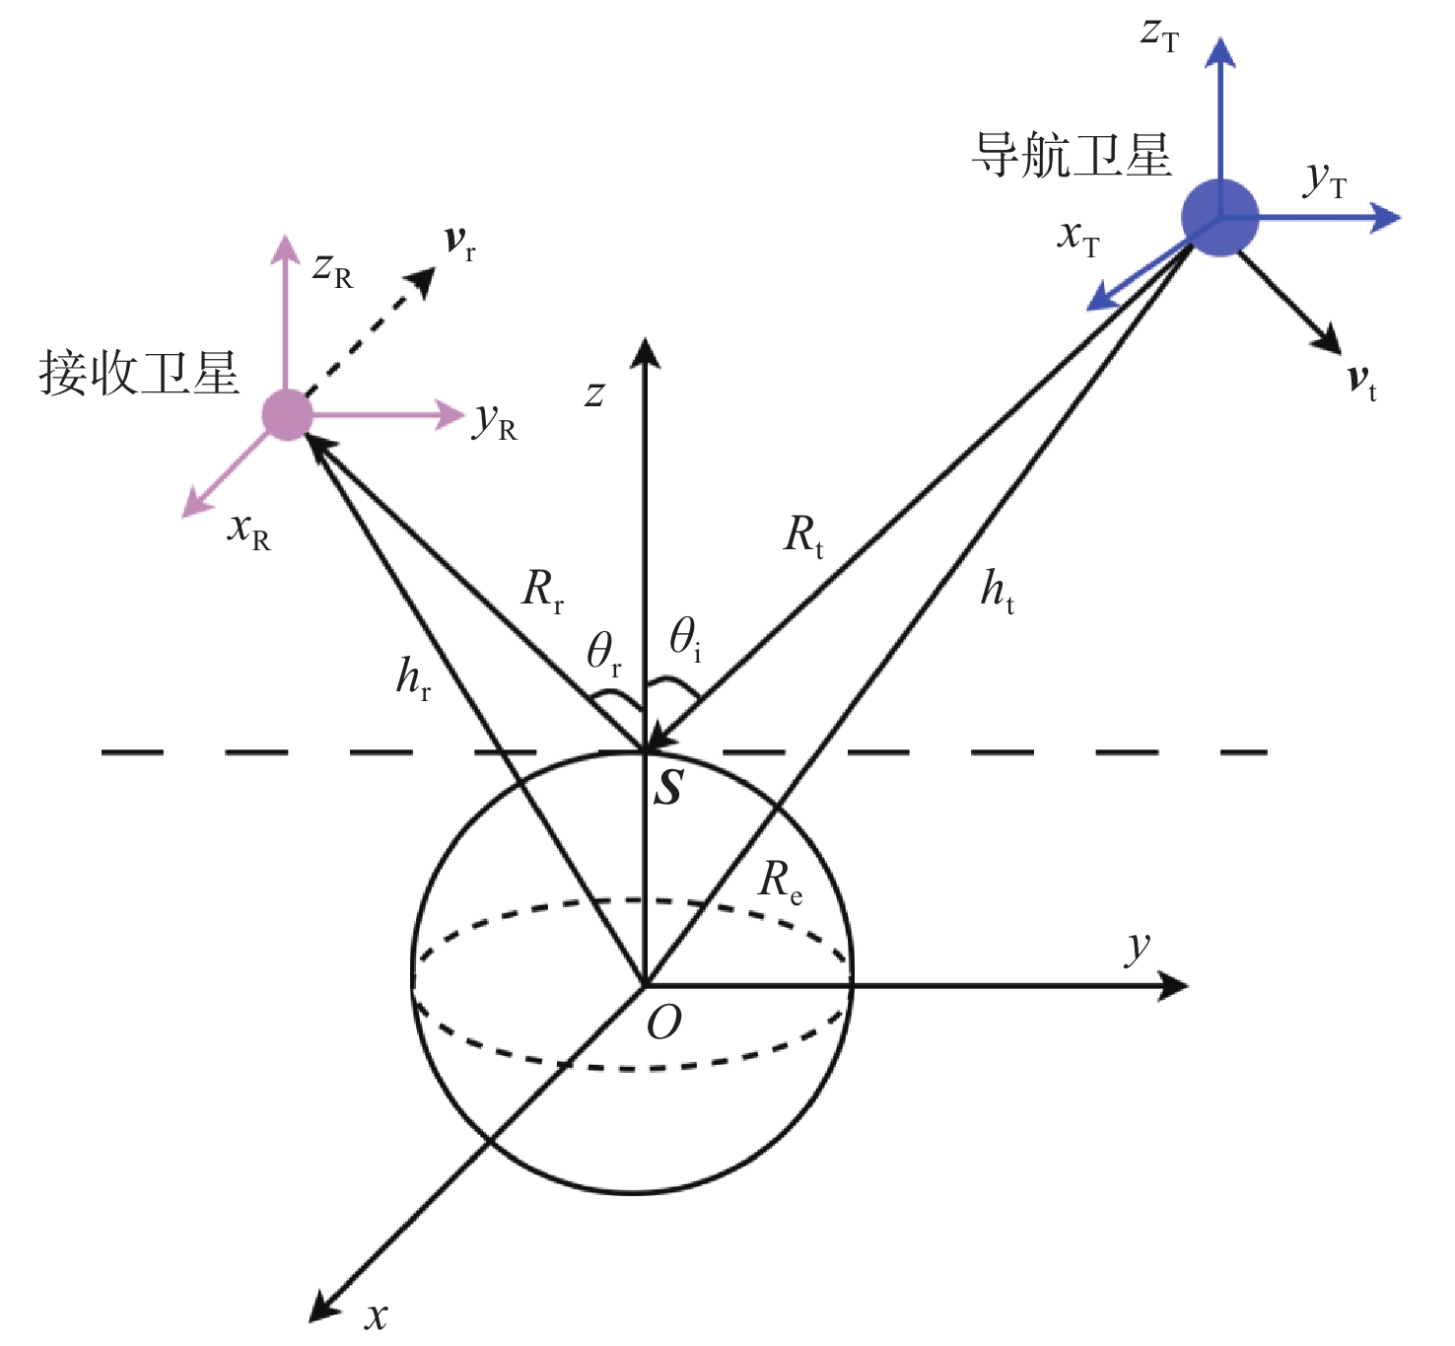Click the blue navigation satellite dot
pyautogui.click(x=1219, y=217)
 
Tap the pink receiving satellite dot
pyautogui.click(x=287, y=414)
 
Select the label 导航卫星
pyautogui.click(x=1072, y=156)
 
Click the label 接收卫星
pyautogui.click(x=139, y=374)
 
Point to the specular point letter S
pyautogui.click(x=669, y=788)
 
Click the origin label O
pyautogui.click(x=663, y=1024)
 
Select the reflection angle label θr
pyautogui.click(x=603, y=653)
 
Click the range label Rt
pyautogui.click(x=803, y=535)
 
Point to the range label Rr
pyautogui.click(x=542, y=591)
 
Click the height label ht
pyautogui.click(x=997, y=591)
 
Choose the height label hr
pyautogui.click(x=413, y=677)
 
